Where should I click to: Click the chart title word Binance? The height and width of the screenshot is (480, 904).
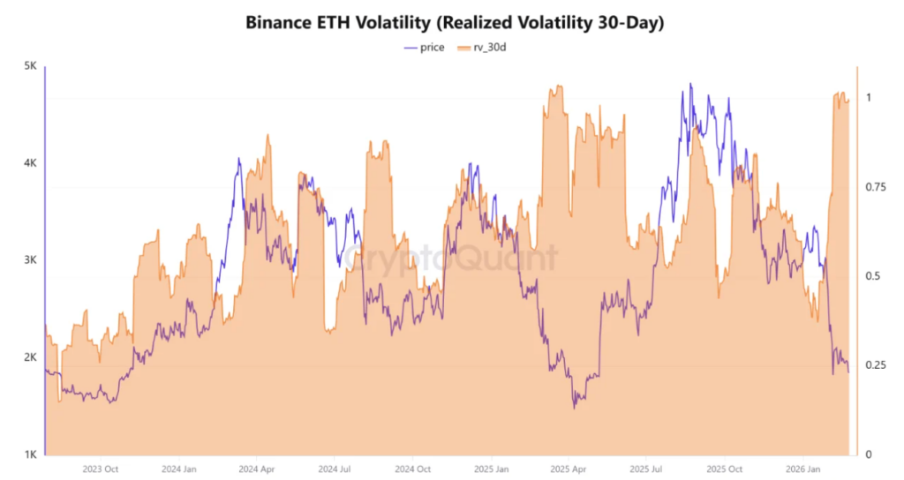(x=280, y=23)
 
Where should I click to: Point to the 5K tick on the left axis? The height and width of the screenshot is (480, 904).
(x=28, y=66)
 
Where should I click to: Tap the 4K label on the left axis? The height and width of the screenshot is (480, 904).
(x=28, y=163)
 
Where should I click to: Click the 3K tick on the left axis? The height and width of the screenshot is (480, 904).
(x=28, y=260)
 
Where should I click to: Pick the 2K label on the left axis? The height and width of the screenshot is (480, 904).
(x=28, y=357)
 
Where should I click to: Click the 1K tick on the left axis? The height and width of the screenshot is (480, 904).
(x=28, y=454)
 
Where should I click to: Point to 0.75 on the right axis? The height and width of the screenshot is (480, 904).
(x=877, y=187)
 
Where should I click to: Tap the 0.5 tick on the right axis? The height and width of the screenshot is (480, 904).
(x=873, y=276)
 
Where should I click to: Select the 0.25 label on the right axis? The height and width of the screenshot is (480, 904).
(x=877, y=365)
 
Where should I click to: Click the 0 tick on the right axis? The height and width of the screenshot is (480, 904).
(x=869, y=454)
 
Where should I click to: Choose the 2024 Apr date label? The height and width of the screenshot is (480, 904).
(x=256, y=469)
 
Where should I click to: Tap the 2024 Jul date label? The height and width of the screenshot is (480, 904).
(x=334, y=469)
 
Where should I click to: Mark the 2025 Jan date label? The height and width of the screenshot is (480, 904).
(x=489, y=469)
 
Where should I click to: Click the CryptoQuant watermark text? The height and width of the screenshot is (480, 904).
(x=450, y=259)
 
